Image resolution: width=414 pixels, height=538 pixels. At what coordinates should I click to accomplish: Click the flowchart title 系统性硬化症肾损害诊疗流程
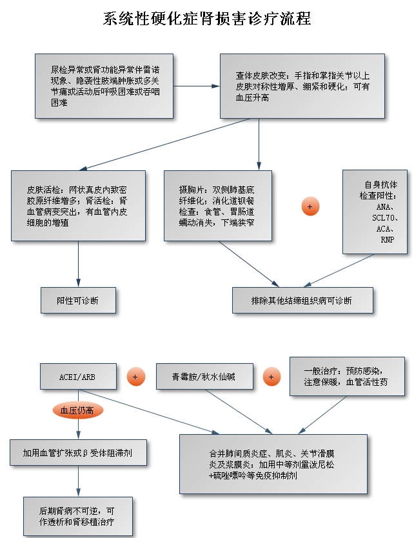click(x=207, y=19)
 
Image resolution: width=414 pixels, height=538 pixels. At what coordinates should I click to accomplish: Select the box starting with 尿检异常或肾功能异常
click(x=104, y=86)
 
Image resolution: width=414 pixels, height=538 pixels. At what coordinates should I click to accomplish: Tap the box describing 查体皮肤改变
click(x=303, y=86)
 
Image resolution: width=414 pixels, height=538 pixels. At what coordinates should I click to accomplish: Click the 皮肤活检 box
click(x=78, y=205)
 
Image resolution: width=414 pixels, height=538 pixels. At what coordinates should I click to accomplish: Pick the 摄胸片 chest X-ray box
click(x=217, y=205)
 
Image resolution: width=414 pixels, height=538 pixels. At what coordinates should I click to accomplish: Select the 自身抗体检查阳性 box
click(x=374, y=212)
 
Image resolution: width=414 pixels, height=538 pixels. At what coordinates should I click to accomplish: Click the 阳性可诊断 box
click(x=78, y=300)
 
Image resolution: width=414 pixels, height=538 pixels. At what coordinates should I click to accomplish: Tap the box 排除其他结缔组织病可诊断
click(x=302, y=300)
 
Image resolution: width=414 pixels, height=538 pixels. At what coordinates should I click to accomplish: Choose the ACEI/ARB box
click(x=78, y=377)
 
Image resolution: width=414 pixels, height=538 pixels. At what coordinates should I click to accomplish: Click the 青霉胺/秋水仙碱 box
click(x=205, y=377)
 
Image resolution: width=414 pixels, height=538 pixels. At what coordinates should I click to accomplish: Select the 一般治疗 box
click(x=346, y=377)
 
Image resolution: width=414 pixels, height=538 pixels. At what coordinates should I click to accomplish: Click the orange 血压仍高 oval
click(x=77, y=410)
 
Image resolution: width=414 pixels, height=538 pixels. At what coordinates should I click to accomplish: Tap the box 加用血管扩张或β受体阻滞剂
click(x=78, y=452)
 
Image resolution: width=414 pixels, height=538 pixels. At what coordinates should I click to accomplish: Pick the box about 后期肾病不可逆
click(x=78, y=515)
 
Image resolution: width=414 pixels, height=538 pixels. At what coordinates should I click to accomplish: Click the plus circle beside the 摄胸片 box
click(x=311, y=206)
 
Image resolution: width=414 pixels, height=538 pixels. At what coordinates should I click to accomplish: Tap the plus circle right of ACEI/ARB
click(x=135, y=377)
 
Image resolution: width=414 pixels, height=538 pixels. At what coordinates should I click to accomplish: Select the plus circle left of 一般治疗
click(x=271, y=377)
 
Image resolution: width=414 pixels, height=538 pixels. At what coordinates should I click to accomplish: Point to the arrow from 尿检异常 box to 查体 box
click(x=197, y=86)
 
